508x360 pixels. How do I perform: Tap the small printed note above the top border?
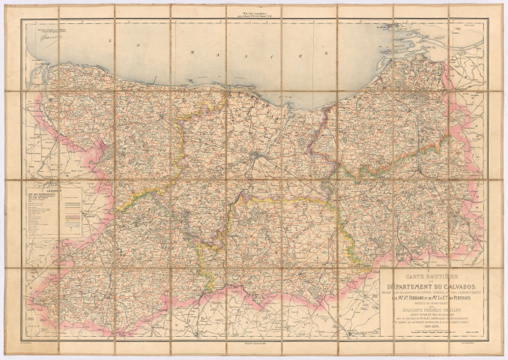pos(254,10)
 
